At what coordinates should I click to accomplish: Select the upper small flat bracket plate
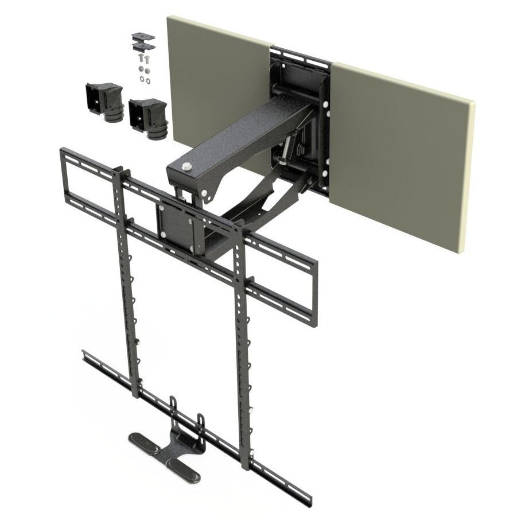143,36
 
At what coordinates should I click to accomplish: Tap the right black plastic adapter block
147,115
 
